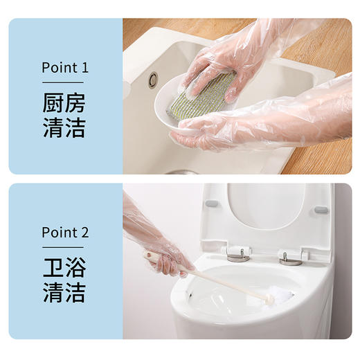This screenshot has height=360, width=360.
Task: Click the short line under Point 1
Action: tap(63, 83)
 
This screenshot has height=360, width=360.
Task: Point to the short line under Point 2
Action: tap(63, 247)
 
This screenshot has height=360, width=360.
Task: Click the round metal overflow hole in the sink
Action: tap(153, 80)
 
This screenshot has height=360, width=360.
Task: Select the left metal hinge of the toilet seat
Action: tap(237, 254)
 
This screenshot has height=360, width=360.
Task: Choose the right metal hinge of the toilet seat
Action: tap(289, 258)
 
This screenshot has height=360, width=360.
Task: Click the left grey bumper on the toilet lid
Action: tap(212, 203)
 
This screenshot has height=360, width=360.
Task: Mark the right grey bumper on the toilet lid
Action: tap(320, 209)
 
